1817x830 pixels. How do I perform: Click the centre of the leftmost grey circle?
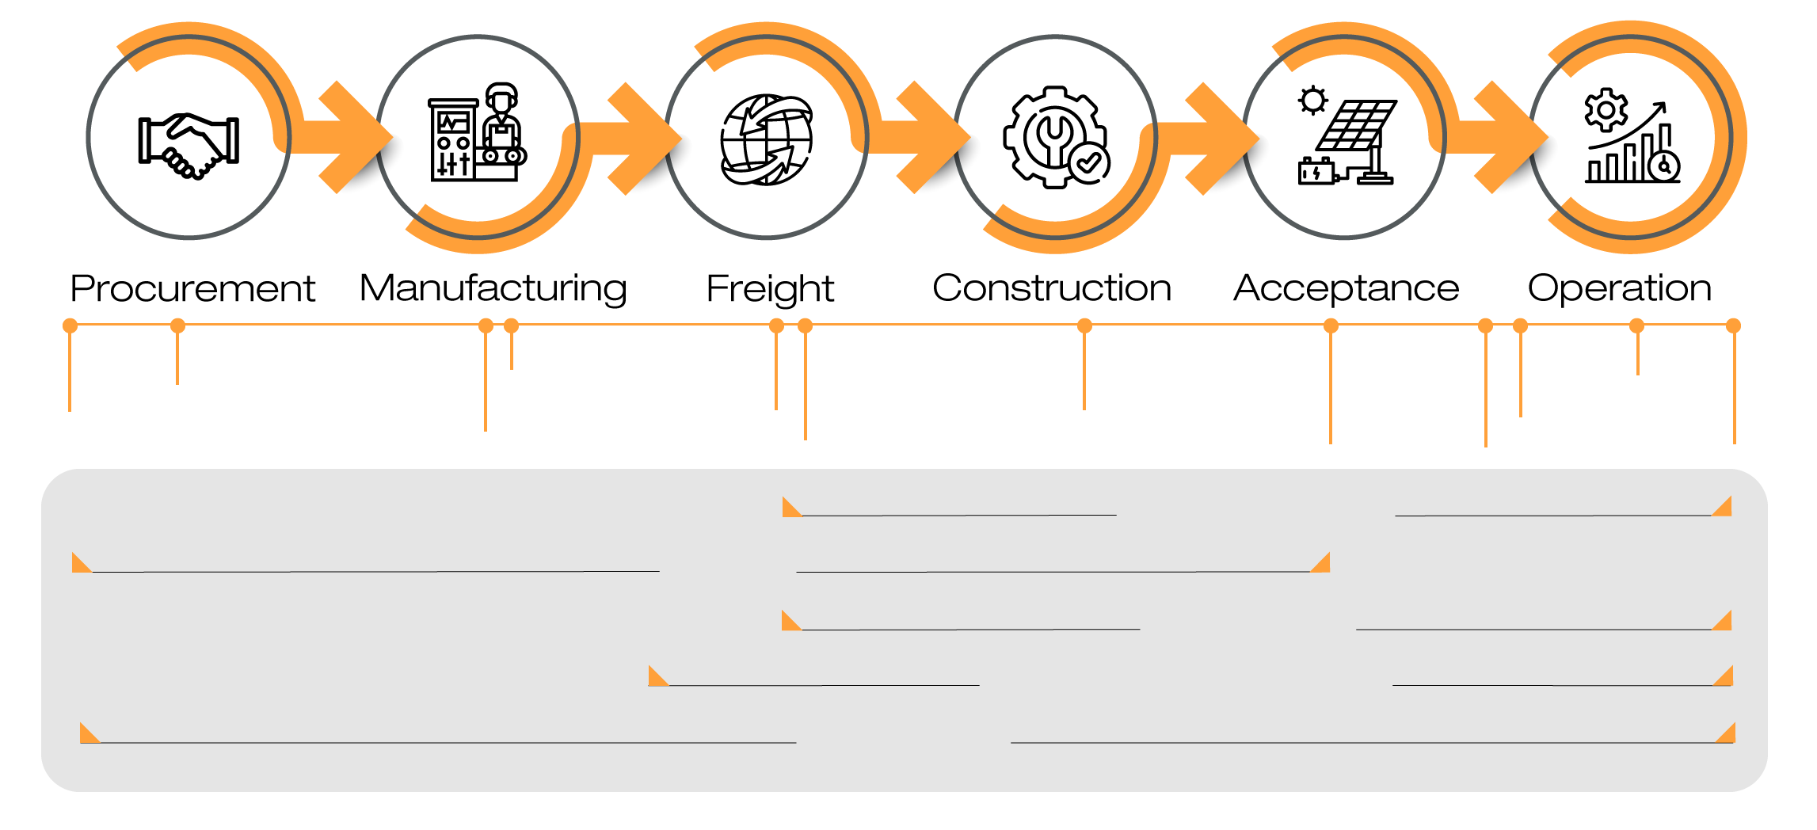pyautogui.click(x=189, y=137)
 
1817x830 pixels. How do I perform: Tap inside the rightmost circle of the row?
pyautogui.click(x=1631, y=137)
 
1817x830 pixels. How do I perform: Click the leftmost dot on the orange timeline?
pyautogui.click(x=70, y=326)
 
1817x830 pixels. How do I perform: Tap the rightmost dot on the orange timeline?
pyautogui.click(x=1733, y=326)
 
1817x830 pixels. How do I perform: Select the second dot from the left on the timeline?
pyautogui.click(x=177, y=326)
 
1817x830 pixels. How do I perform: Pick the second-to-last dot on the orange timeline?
pyautogui.click(x=1636, y=326)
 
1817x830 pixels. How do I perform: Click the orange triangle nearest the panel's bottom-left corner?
pyautogui.click(x=87, y=735)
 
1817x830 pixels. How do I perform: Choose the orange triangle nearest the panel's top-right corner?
pyautogui.click(x=1724, y=508)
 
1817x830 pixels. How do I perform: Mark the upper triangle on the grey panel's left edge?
pyautogui.click(x=79, y=564)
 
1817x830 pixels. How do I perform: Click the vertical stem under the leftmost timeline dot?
pyautogui.click(x=70, y=372)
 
